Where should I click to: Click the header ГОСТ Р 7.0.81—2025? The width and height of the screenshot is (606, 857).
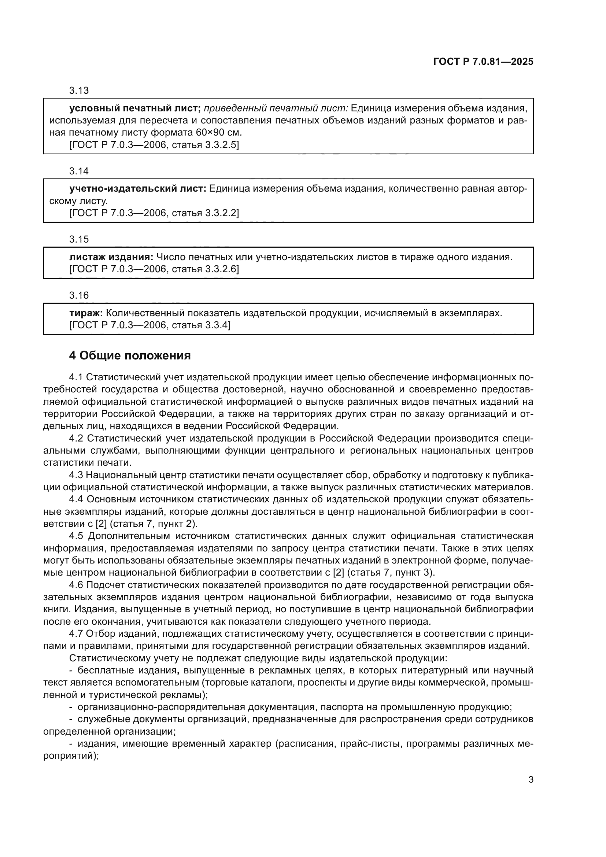tap(483, 62)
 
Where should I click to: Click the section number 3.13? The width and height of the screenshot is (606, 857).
tap(79, 90)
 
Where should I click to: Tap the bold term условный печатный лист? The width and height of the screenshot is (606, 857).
tap(135, 108)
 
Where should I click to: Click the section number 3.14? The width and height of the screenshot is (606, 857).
tap(79, 171)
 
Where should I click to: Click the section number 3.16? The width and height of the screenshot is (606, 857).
tap(79, 296)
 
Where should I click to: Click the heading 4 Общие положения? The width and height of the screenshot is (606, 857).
tap(130, 356)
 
